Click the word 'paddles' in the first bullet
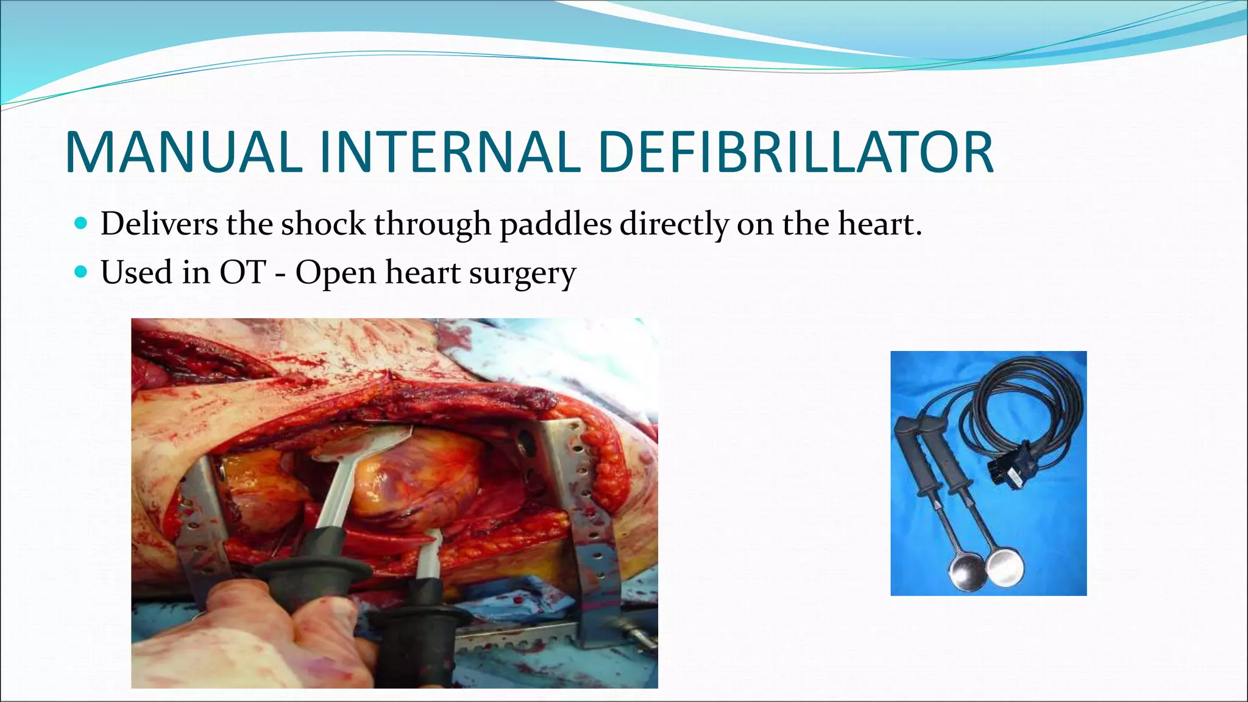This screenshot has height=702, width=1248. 555,224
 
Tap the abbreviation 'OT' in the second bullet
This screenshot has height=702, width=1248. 243,272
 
